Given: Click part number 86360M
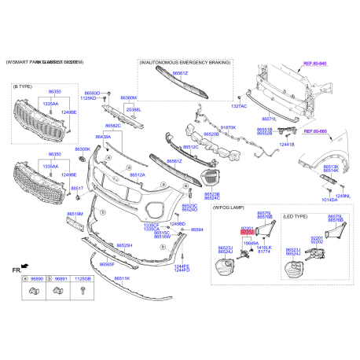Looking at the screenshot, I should click(128, 98).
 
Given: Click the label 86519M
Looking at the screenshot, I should click(75, 213).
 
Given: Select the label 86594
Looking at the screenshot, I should click(197, 230).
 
